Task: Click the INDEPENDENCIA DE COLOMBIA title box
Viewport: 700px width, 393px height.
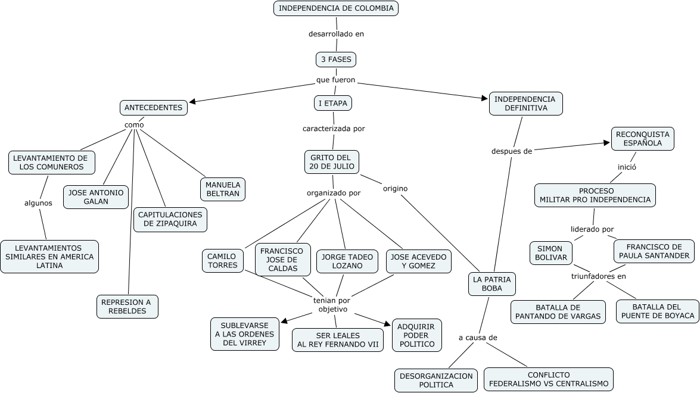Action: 336,8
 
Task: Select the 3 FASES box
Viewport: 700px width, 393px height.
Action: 336,60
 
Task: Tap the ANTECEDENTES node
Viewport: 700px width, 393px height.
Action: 154,108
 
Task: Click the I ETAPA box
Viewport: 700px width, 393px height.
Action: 333,103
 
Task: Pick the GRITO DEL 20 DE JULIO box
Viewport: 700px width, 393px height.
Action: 331,162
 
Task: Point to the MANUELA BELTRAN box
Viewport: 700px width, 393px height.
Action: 222,189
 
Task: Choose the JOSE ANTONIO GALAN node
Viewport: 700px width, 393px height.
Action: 96,197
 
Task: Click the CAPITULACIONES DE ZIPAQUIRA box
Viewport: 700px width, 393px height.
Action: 170,220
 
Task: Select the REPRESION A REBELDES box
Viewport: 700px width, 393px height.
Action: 127,307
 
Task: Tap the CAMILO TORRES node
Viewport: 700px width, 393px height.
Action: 223,261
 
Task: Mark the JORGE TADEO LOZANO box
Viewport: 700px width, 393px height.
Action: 347,261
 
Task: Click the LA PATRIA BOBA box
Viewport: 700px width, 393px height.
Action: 492,284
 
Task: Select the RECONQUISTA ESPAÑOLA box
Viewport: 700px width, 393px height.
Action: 643,139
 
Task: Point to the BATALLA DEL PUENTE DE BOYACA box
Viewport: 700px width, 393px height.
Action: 658,311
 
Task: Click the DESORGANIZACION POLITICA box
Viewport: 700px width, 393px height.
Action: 435,380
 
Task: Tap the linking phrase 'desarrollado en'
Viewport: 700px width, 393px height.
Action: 336,34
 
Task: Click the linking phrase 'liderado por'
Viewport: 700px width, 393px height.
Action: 592,229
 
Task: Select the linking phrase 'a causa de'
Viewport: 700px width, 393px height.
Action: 478,338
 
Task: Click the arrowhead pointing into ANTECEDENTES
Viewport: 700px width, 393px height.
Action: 192,102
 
